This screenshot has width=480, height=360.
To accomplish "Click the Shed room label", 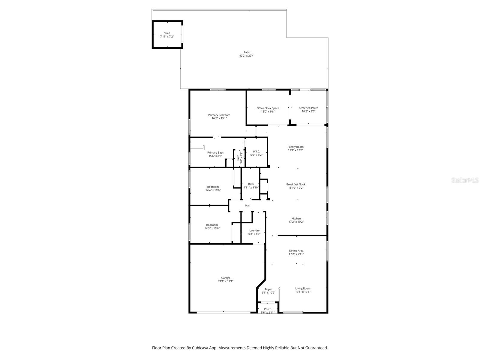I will pyautogui.click(x=167, y=33).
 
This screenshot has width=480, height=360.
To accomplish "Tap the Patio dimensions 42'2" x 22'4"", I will pyautogui.click(x=247, y=56).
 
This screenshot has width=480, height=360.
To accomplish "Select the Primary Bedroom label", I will pyautogui.click(x=219, y=115).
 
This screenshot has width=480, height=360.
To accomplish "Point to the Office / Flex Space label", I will pyautogui.click(x=268, y=108).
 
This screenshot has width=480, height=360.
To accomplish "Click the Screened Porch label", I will pyautogui.click(x=308, y=108).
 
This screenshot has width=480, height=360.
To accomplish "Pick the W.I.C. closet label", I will pyautogui.click(x=256, y=151).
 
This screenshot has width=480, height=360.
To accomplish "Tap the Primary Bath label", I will pyautogui.click(x=215, y=153).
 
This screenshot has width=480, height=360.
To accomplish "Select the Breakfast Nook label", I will pyautogui.click(x=295, y=184).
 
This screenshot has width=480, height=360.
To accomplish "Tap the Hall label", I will pyautogui.click(x=247, y=205).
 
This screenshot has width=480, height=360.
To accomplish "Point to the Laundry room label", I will pyautogui.click(x=254, y=230).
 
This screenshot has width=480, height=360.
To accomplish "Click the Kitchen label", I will pyautogui.click(x=296, y=219).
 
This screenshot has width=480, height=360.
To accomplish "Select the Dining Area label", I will pyautogui.click(x=296, y=250).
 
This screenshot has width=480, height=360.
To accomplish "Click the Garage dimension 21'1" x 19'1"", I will pyautogui.click(x=225, y=281).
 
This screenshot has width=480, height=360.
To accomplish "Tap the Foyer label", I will pyautogui.click(x=268, y=289).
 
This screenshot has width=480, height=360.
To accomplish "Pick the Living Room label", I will pyautogui.click(x=302, y=288).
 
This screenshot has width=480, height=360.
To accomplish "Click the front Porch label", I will pyautogui.click(x=268, y=309).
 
